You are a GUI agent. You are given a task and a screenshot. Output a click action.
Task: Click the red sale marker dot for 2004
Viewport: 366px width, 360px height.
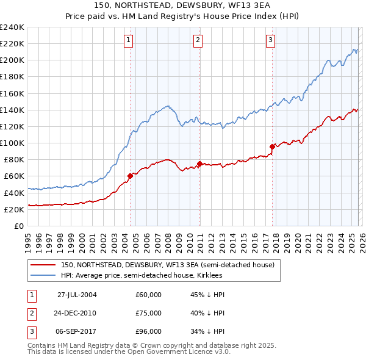pyautogui.click(x=130, y=176)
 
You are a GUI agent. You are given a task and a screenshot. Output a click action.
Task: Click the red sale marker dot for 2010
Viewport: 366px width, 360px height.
pyautogui.click(x=199, y=164)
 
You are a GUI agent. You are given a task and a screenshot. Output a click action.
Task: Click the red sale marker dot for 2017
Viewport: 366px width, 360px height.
pyautogui.click(x=272, y=146)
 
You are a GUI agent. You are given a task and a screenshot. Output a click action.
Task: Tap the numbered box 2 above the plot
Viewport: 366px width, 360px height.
pyautogui.click(x=199, y=41)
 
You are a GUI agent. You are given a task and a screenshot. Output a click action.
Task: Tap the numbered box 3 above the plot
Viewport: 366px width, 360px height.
pyautogui.click(x=270, y=41)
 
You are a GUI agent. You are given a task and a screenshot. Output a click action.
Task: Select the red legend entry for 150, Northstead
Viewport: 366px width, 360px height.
pyautogui.click(x=168, y=265)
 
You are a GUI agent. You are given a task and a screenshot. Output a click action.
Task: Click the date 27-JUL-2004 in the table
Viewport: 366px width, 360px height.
pyautogui.click(x=77, y=295)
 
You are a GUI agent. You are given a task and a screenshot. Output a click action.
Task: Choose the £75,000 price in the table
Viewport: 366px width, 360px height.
pyautogui.click(x=148, y=313)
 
